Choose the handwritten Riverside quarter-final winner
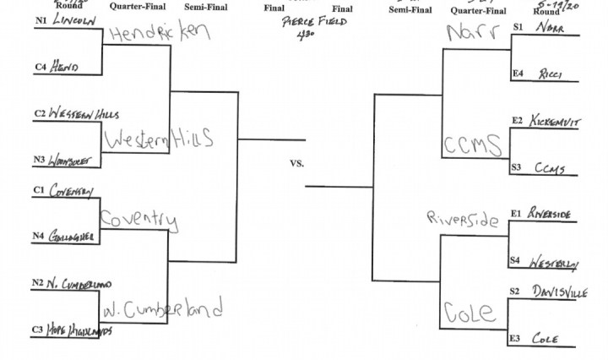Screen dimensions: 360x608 point(464,220)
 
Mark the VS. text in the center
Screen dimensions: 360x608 point(296,161)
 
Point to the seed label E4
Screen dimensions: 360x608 point(517,74)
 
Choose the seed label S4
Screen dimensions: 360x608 point(517,260)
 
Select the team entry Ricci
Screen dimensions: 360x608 point(552,74)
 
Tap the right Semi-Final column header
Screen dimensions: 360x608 point(411,9)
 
